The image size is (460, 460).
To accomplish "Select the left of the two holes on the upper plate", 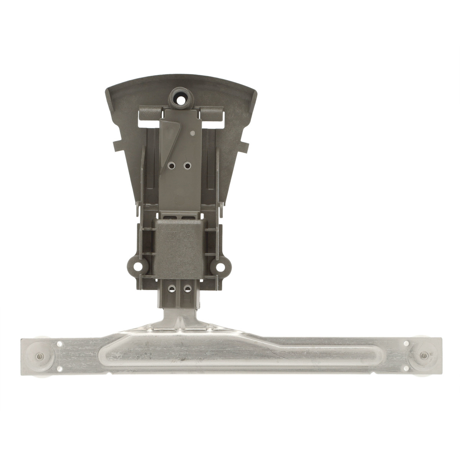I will coord(171,165).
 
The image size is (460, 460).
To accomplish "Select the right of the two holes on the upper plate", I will coord(187,165).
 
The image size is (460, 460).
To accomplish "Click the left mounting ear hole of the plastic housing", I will coord(135,265).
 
